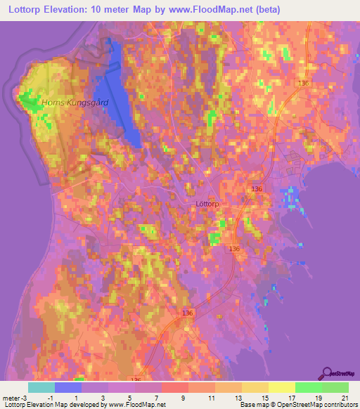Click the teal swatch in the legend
[x=41, y=387]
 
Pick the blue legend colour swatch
[x=68, y=387]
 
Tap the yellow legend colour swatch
[x=282, y=387]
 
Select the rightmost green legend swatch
[x=335, y=387]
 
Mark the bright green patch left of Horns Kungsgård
[x=30, y=103]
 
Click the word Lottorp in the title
[x=27, y=9]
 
